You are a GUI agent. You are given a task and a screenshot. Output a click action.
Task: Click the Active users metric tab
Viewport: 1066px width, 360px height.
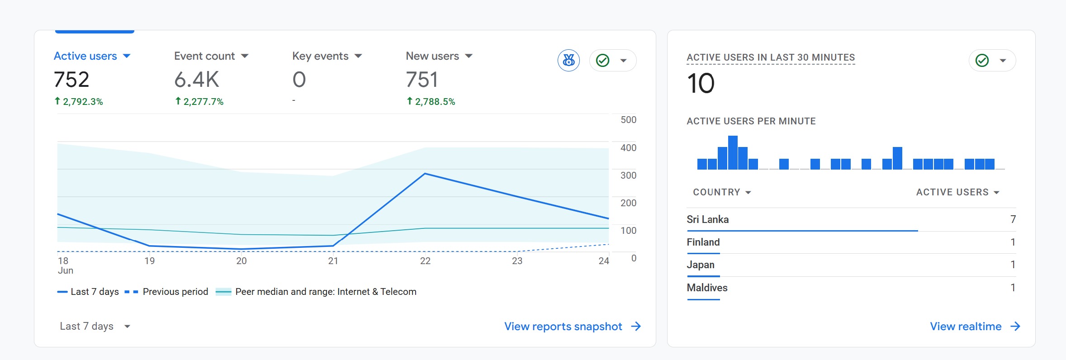[x=92, y=56]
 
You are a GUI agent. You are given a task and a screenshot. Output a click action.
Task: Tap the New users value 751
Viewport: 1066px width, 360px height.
[x=422, y=80]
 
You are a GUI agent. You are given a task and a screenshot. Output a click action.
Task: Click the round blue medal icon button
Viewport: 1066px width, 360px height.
[x=569, y=60]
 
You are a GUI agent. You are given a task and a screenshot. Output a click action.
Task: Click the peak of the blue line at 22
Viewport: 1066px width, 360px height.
[x=425, y=174]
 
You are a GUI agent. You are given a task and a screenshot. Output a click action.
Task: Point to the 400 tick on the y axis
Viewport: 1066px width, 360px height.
[x=628, y=148]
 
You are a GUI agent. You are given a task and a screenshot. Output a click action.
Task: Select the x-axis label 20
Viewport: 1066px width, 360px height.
[x=242, y=261]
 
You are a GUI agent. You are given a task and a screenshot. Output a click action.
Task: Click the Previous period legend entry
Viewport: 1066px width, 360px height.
[x=166, y=292]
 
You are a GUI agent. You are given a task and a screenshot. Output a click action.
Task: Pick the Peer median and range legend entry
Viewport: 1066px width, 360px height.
[x=316, y=292]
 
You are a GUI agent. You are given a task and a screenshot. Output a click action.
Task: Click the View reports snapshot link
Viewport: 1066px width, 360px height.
[x=573, y=327]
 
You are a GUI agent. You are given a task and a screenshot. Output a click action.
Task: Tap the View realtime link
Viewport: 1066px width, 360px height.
[x=975, y=327]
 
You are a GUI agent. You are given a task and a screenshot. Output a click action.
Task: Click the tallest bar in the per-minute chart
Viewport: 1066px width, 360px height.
[x=733, y=152]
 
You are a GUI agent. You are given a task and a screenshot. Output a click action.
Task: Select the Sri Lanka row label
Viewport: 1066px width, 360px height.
[x=707, y=219]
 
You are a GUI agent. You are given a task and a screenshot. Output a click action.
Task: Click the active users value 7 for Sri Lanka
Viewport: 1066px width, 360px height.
[x=1013, y=219]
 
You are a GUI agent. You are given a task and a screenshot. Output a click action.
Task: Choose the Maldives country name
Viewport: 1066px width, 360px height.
[x=707, y=288]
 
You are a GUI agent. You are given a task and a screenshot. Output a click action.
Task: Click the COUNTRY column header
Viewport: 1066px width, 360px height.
[x=722, y=192]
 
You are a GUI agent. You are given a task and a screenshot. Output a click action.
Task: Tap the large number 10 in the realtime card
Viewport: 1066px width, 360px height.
[x=701, y=84]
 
